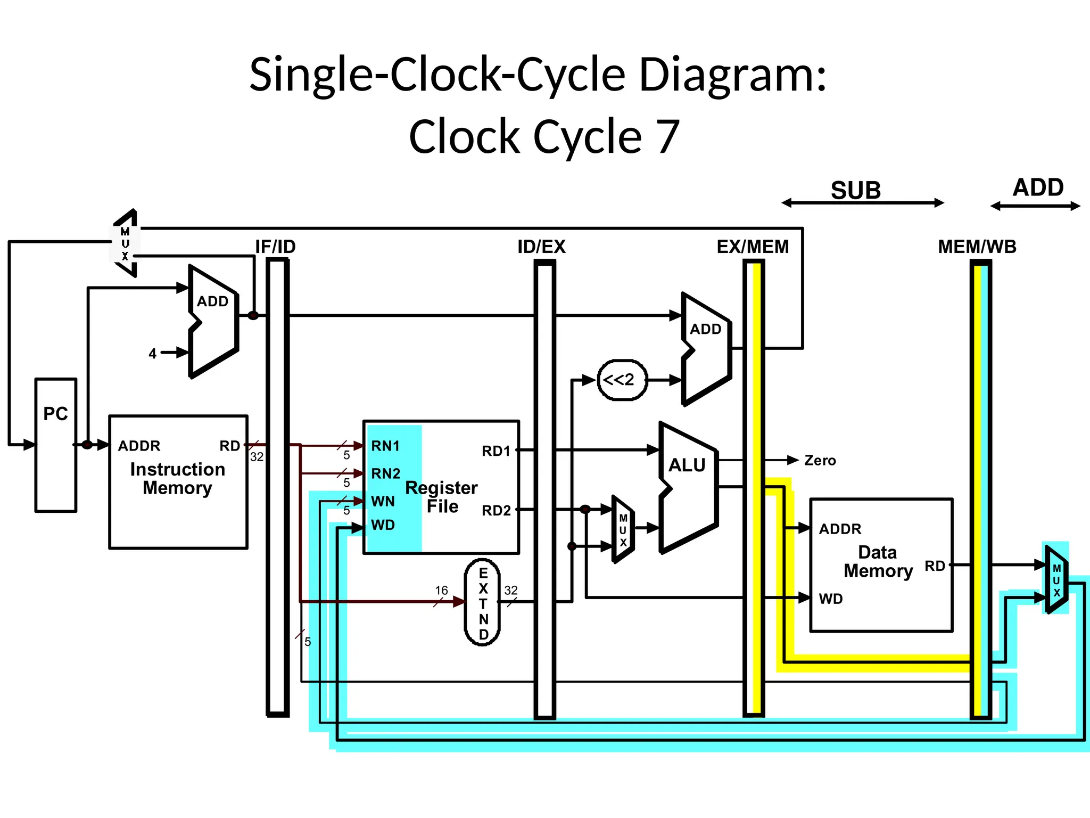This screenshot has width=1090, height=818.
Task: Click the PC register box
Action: click(56, 445)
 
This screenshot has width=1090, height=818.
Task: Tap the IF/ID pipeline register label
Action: click(275, 247)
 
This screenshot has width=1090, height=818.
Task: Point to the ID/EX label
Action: click(541, 247)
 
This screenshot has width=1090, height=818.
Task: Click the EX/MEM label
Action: click(753, 247)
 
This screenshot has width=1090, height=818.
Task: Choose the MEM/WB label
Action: click(977, 247)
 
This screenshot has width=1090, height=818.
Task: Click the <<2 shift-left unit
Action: click(622, 380)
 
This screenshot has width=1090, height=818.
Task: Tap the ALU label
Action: click(687, 465)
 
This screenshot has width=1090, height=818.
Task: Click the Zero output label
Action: click(820, 461)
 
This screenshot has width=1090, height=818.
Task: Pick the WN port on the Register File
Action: click(383, 501)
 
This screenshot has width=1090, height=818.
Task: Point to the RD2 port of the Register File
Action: click(496, 510)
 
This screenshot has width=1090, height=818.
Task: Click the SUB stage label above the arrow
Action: click(855, 190)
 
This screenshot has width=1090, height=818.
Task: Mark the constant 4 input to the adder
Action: click(153, 354)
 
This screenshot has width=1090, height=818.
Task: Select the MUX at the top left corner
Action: click(126, 244)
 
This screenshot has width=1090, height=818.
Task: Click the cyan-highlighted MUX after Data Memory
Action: click(1056, 579)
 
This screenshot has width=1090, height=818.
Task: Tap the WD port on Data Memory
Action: click(830, 599)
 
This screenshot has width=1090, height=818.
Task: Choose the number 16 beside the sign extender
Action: click(441, 590)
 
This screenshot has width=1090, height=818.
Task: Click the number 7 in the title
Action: click(667, 137)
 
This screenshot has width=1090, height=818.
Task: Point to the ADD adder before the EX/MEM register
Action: click(705, 346)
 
